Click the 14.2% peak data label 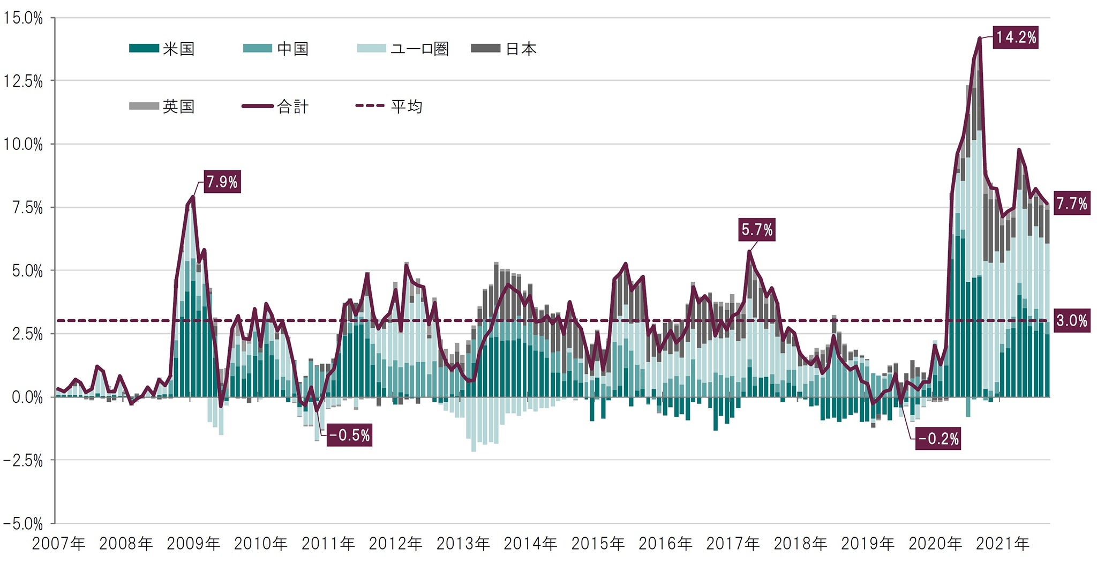[x=1016, y=37]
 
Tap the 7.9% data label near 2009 [x=222, y=182]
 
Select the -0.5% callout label [x=349, y=435]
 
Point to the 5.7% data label [x=757, y=230]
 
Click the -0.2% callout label [x=938, y=439]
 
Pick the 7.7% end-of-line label [x=1071, y=204]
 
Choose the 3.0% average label [x=1071, y=321]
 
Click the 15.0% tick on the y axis [x=23, y=18]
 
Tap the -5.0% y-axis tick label [x=23, y=523]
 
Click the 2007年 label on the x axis [x=58, y=544]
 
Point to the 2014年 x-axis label [x=530, y=544]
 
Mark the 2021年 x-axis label [x=1002, y=544]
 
